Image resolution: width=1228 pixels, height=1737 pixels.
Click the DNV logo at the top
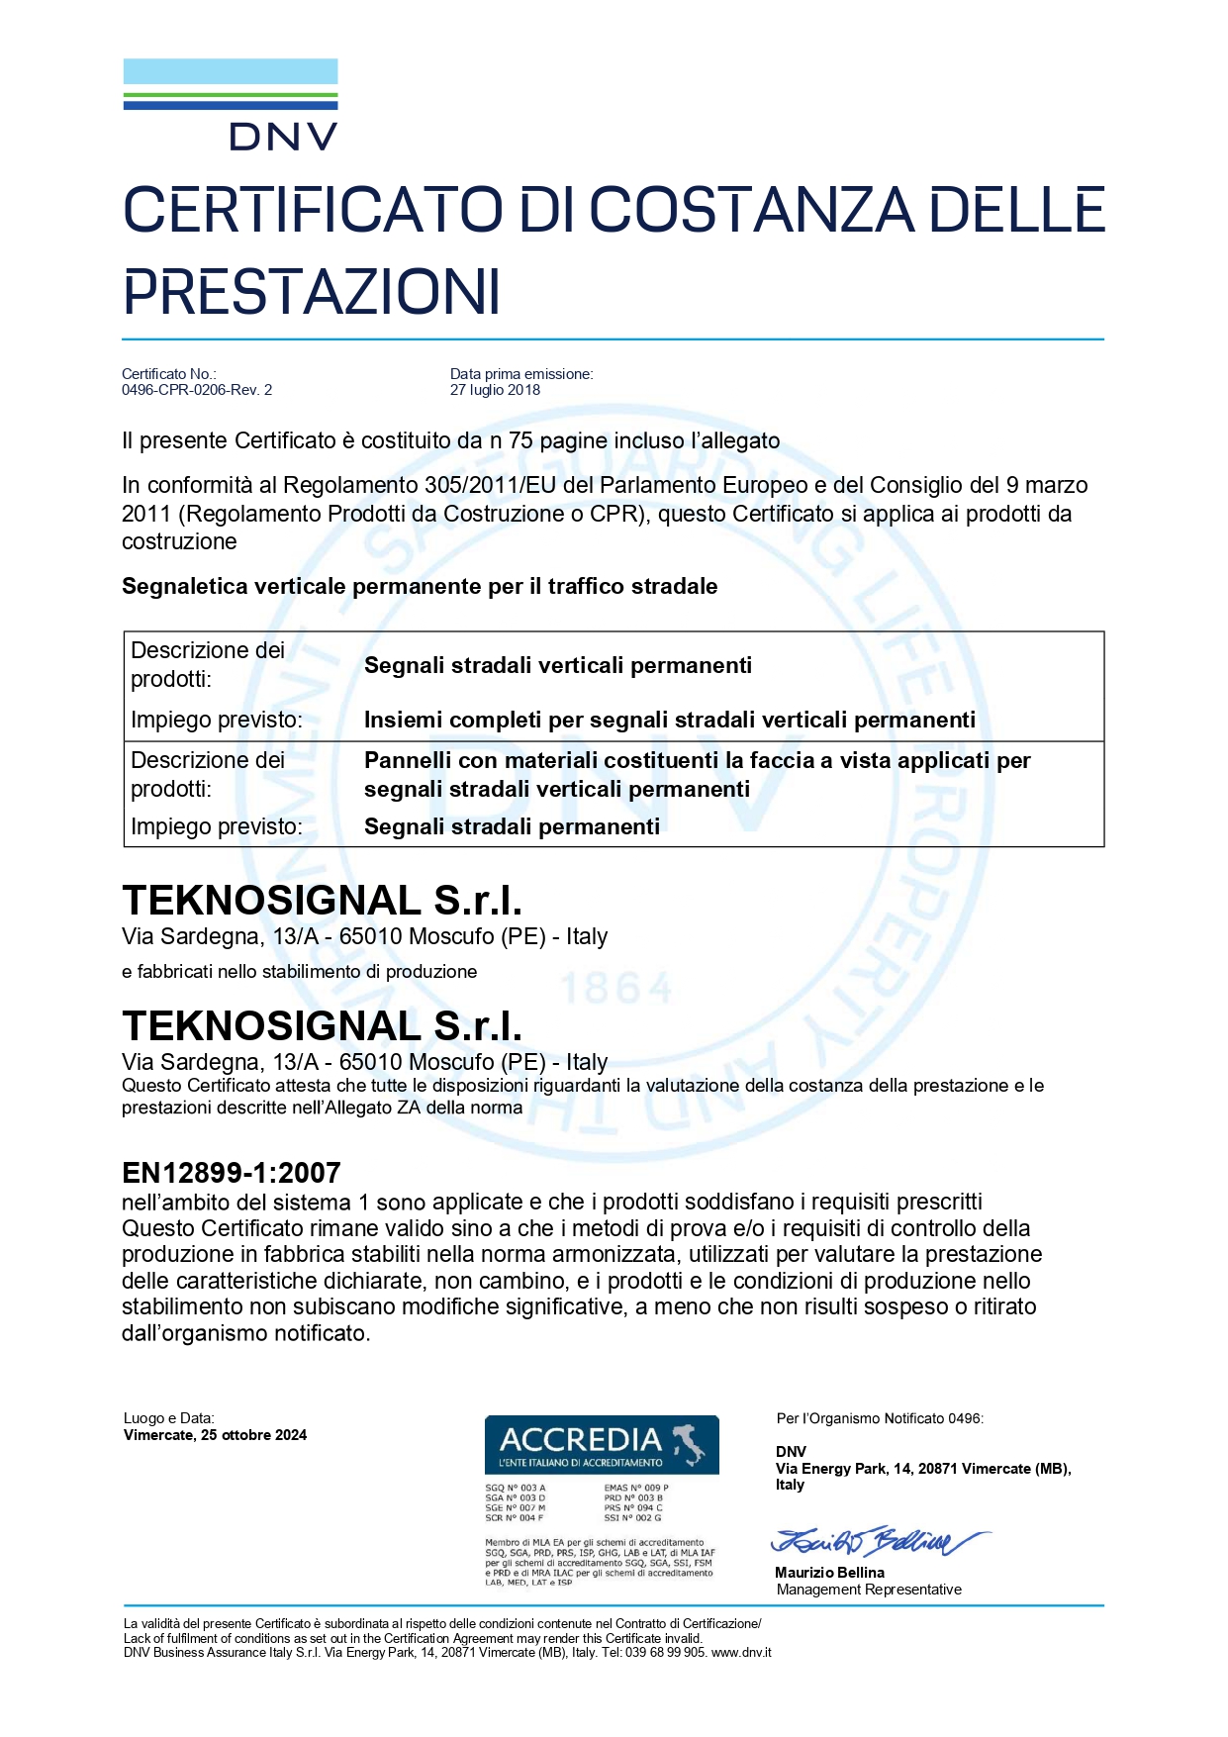click(231, 105)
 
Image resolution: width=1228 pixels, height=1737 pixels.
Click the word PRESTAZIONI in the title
click(312, 292)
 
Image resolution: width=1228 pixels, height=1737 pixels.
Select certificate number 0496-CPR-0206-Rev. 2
click(197, 390)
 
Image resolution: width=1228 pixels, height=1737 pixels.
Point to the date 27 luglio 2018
click(495, 390)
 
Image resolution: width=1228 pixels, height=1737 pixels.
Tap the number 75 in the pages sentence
click(520, 441)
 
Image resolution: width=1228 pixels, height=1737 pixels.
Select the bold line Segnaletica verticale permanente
click(420, 586)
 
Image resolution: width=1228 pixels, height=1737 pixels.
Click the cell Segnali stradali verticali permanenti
click(558, 665)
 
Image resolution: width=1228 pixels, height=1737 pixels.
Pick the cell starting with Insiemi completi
click(670, 720)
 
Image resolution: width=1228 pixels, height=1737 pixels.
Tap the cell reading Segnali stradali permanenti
click(512, 826)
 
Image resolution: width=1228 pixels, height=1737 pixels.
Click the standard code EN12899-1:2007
click(232, 1173)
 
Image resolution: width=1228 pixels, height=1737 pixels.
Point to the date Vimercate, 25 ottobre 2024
click(215, 1435)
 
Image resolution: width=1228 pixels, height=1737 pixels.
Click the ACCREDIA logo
click(602, 1445)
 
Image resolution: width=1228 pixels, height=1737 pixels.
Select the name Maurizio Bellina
click(829, 1573)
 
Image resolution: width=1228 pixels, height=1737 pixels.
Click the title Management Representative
click(869, 1590)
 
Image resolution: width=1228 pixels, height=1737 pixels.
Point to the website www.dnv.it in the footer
click(741, 1652)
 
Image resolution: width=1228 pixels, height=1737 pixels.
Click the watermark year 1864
click(616, 989)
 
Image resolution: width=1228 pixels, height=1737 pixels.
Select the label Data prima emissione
click(521, 374)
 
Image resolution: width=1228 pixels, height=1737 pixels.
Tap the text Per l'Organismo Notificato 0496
click(880, 1418)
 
